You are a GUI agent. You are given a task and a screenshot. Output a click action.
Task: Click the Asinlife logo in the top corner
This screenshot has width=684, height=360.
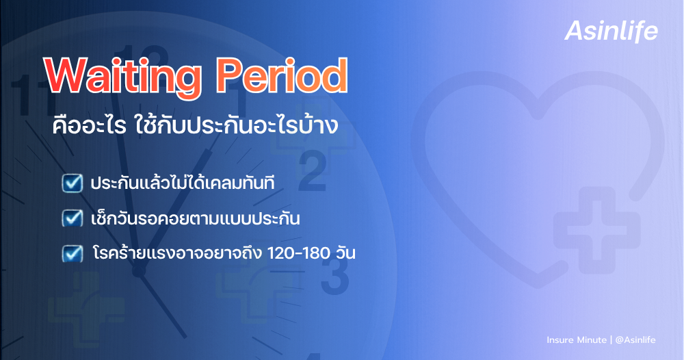tap(611, 31)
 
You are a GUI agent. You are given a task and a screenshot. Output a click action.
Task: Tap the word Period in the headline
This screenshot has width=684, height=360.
tap(280, 77)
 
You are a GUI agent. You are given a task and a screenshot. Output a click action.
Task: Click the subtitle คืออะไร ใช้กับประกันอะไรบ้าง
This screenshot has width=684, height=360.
tap(195, 127)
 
